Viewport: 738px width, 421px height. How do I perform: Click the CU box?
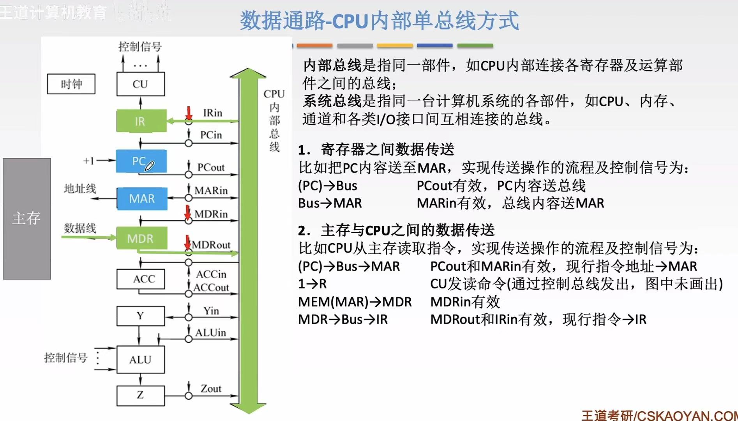point(140,84)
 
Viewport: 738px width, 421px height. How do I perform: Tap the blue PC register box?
point(141,161)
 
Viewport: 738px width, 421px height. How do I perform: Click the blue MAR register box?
point(142,199)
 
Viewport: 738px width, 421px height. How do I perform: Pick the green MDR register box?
point(141,238)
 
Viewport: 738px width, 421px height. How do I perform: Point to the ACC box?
point(140,279)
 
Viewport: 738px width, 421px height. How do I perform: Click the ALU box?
point(140,359)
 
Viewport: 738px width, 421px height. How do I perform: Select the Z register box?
point(140,395)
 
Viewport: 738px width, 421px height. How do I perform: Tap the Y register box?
point(140,316)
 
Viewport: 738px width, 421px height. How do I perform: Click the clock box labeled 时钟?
point(71,84)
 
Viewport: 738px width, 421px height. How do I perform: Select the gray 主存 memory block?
point(27,218)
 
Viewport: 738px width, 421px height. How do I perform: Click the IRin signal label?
point(213,113)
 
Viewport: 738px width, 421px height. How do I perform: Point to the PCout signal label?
point(211,168)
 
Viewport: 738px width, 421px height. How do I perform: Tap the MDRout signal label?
point(211,245)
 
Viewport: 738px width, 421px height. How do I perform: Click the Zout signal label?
point(211,389)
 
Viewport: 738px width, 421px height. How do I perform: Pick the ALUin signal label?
point(211,333)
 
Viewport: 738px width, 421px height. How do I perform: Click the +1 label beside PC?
point(88,161)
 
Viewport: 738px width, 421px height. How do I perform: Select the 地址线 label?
point(80,189)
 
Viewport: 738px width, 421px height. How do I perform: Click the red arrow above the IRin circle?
point(189,113)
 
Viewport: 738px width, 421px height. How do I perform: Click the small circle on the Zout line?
point(189,396)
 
